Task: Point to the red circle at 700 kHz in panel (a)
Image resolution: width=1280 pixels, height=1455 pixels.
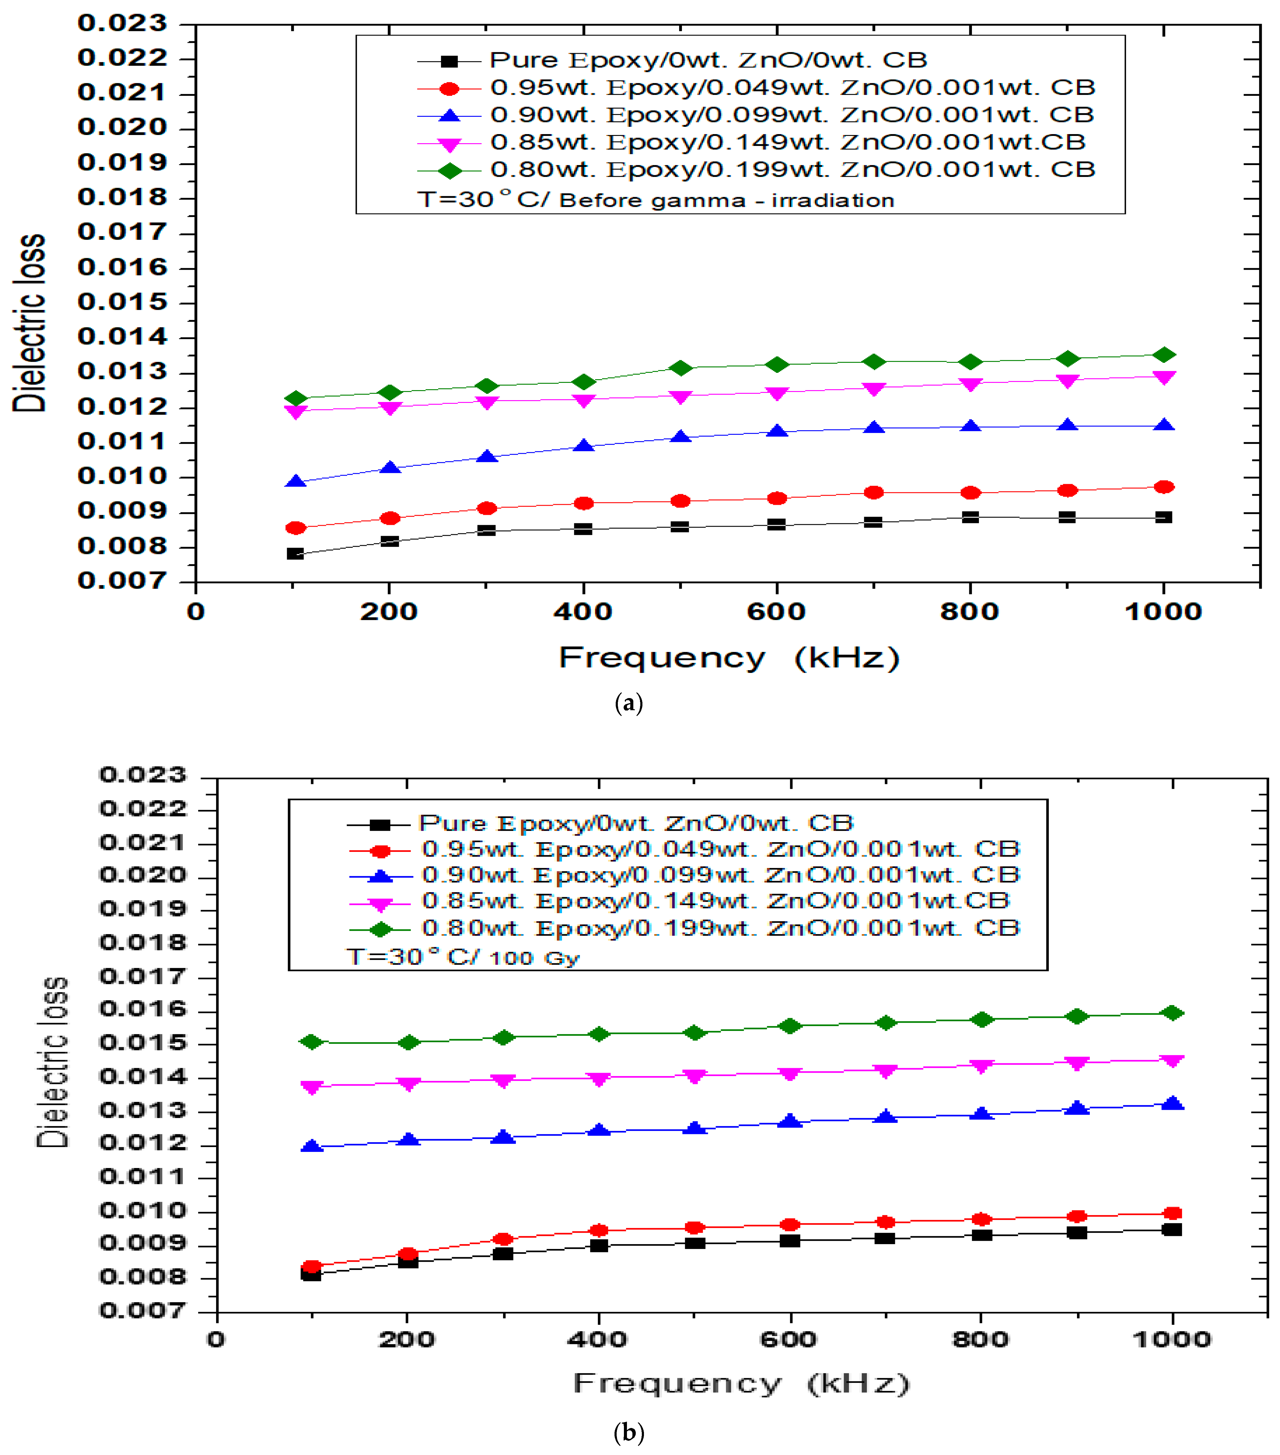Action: coord(873,493)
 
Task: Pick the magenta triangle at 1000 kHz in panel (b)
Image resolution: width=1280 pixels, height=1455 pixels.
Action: coord(1172,1061)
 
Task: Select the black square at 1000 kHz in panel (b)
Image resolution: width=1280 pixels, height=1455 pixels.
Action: coord(1172,1229)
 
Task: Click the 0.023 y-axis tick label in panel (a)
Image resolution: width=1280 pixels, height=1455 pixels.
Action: coord(123,23)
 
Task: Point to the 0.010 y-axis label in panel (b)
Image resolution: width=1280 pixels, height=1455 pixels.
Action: coord(142,1210)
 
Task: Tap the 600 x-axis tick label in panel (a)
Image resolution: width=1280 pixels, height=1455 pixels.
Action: coord(776,612)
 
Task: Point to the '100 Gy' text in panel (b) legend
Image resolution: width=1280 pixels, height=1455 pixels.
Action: coord(534,958)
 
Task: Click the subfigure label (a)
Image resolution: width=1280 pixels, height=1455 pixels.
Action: coord(628,703)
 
